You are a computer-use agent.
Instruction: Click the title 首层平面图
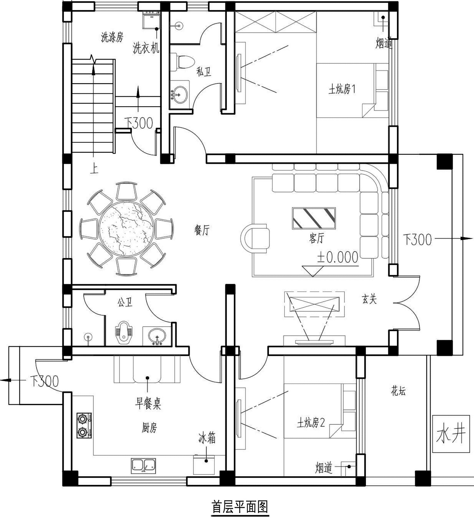click(240, 507)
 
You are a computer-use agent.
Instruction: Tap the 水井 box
click(451, 434)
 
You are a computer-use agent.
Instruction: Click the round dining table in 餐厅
click(126, 229)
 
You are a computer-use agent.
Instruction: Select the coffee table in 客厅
click(314, 218)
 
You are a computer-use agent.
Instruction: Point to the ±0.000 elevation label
click(337, 257)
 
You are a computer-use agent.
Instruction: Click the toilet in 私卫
click(182, 62)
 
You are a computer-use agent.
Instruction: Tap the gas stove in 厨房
click(84, 425)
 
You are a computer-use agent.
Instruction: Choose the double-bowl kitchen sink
click(143, 466)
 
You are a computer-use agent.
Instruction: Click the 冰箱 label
click(207, 439)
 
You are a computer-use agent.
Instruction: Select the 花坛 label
click(398, 391)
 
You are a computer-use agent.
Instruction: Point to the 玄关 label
click(369, 299)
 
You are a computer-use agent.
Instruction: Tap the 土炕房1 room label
click(342, 89)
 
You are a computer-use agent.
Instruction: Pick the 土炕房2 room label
click(311, 423)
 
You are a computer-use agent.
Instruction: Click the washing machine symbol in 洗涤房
click(152, 20)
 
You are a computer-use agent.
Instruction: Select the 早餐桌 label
click(148, 404)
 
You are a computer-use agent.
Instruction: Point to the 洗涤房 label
click(112, 37)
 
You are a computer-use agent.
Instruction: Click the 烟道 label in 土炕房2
click(324, 468)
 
